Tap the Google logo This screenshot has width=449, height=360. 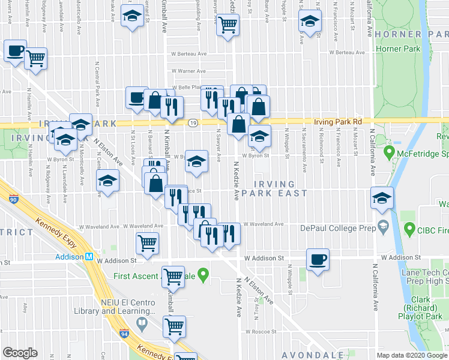20,352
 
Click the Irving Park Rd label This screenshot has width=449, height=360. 340,122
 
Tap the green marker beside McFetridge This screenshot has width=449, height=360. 388,153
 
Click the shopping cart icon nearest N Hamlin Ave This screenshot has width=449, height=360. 36,59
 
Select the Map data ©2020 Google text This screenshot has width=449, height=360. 411,355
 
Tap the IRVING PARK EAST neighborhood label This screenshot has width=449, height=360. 280,188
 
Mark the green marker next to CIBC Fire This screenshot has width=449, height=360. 411,228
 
